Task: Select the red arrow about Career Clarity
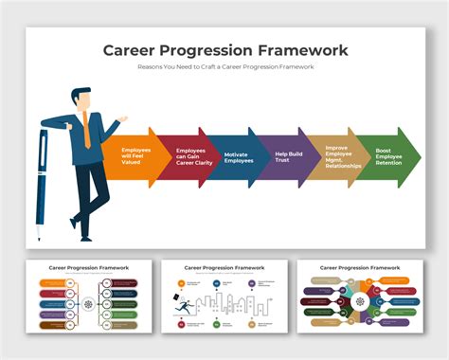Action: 189,156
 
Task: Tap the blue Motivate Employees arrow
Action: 238,156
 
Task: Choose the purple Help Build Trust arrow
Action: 287,156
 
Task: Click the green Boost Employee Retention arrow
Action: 388,156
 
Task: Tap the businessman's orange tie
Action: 85,129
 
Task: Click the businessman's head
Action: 81,99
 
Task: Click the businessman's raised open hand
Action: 120,119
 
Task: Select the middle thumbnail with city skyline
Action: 224,296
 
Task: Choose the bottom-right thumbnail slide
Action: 360,296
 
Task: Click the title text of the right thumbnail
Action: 360,268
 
